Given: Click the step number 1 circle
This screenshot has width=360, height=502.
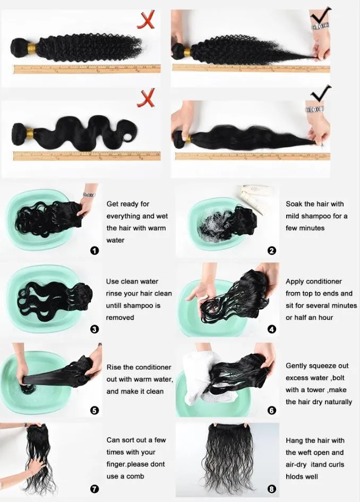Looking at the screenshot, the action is pos(95,251).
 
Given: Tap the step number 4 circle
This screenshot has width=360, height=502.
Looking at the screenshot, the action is pos(272,329).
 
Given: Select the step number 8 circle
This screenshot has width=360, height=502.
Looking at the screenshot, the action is pos(272,489).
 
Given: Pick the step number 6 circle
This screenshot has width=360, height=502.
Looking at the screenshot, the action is pos(272,410).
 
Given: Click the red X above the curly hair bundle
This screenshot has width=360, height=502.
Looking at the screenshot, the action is pos(146,20).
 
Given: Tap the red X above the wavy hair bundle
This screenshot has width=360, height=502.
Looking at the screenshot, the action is pos(146,98).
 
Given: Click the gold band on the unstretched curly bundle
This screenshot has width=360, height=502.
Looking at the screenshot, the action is pos(32,48).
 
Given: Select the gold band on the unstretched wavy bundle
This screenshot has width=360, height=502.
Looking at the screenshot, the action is pos(30,133).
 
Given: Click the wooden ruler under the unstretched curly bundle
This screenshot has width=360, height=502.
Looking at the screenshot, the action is pos(87,69).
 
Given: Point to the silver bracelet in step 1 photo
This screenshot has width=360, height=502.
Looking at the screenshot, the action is pos(89,194).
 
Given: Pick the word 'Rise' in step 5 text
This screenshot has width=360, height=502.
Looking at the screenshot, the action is pos(114,367).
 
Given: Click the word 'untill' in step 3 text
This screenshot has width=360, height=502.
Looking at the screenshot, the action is pos(114,306).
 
